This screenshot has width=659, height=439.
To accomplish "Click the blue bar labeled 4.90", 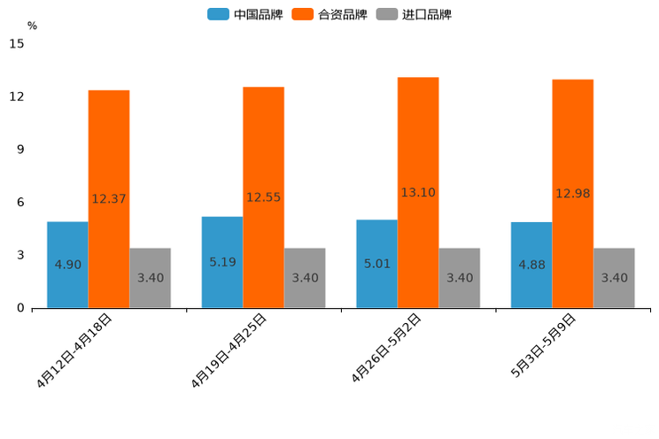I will click(67, 265).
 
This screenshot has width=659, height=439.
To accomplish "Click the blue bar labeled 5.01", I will click(376, 264).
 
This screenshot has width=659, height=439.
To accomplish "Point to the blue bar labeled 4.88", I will click(531, 265).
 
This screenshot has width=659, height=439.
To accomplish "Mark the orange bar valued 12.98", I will click(573, 194).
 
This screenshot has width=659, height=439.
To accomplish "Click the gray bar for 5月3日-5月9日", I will click(615, 278).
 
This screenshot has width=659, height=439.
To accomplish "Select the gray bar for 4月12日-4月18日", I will click(151, 278).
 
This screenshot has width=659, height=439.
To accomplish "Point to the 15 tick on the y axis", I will click(17, 43).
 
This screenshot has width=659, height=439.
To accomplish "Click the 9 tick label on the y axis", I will click(20, 150).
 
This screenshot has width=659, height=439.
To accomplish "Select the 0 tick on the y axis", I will click(20, 308).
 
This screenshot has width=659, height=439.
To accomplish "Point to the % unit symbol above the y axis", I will click(32, 26).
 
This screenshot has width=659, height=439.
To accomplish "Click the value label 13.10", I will click(418, 192).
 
